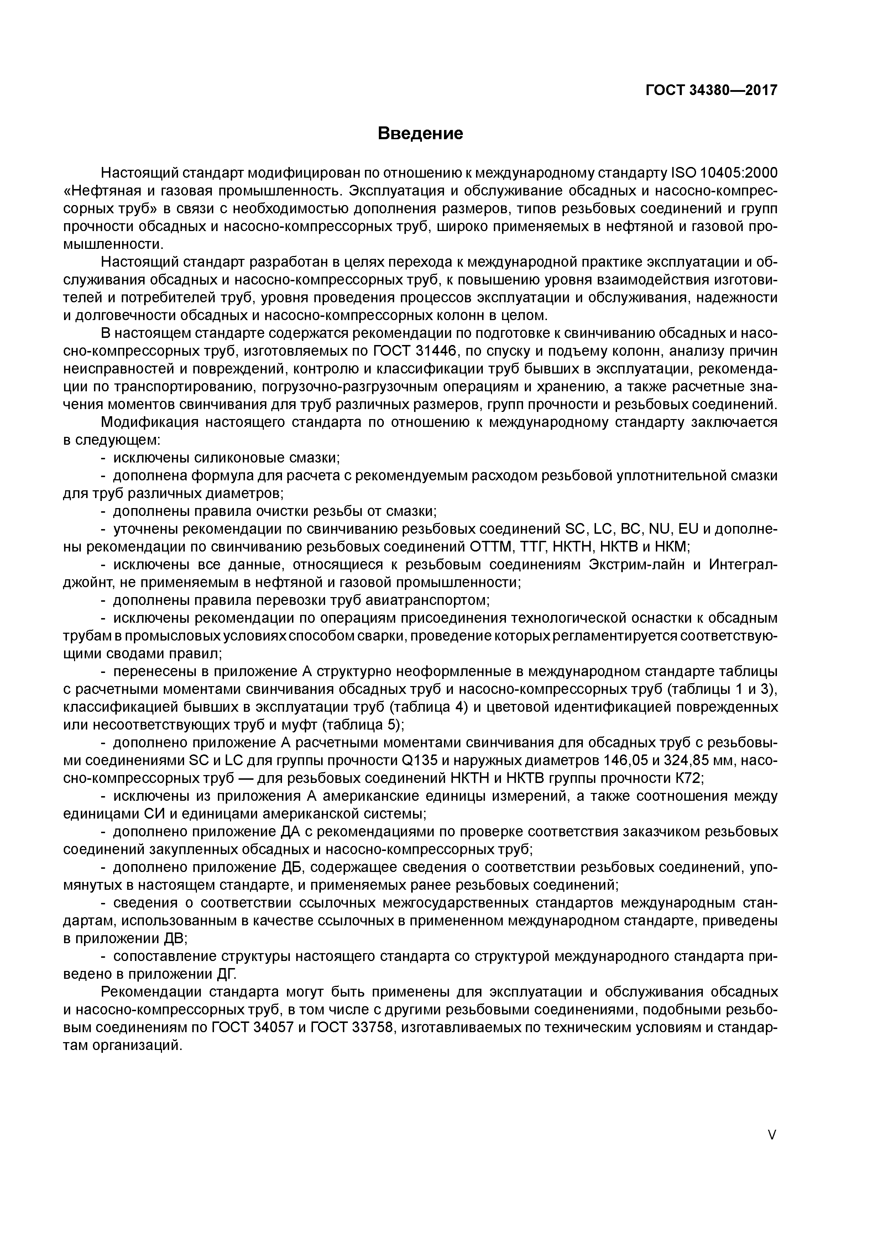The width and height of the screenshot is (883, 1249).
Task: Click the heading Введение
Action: (x=420, y=133)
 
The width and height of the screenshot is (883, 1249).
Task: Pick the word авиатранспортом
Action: (x=419, y=601)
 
